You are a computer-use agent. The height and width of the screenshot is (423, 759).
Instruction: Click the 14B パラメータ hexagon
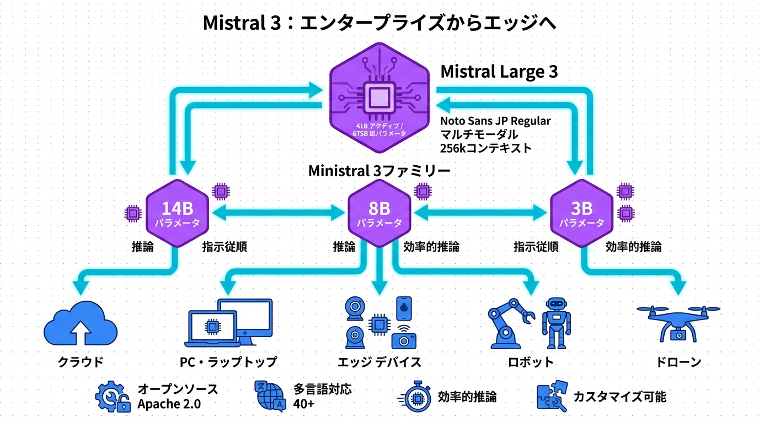(178, 213)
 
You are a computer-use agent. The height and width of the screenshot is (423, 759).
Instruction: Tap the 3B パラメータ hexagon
(582, 213)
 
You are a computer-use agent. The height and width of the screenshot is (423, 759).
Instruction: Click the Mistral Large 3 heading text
(499, 72)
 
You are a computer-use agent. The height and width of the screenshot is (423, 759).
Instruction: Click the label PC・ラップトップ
(228, 362)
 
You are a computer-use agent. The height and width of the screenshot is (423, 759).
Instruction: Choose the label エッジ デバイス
(379, 362)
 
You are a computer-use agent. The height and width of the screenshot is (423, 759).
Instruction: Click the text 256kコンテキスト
(486, 148)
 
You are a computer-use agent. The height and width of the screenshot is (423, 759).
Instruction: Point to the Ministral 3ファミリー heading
(379, 171)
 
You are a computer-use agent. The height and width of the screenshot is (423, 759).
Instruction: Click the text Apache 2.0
(169, 404)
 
